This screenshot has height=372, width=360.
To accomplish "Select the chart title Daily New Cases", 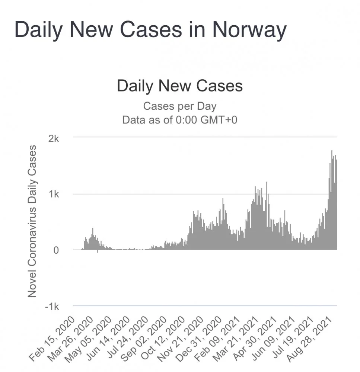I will tap(180, 86).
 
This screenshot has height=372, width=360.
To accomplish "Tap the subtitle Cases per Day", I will tap(180, 106).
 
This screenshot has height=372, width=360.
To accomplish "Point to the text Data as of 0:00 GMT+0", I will tap(180, 120).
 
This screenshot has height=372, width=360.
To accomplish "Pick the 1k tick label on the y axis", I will tap(54, 194).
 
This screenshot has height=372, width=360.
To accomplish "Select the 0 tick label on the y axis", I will tap(57, 250).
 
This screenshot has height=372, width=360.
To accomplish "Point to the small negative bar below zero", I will tap(98, 251).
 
